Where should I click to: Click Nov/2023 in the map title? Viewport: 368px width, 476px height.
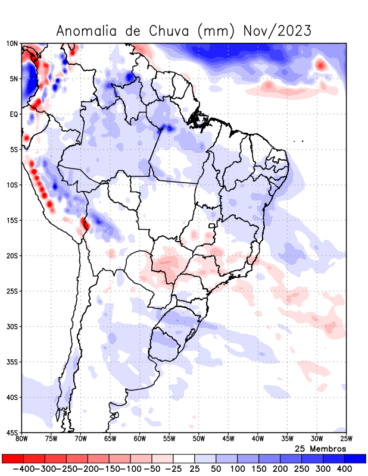click(x=277, y=30)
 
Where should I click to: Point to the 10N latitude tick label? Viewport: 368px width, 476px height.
click(x=12, y=43)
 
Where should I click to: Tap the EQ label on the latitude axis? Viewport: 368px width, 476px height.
click(x=13, y=114)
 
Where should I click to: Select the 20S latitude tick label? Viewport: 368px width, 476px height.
click(x=12, y=256)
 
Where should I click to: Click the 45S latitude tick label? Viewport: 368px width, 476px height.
click(x=12, y=433)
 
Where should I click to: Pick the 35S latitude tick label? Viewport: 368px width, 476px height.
click(x=12, y=362)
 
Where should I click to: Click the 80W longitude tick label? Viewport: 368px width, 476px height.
click(x=22, y=440)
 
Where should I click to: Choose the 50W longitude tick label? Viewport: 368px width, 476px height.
click(x=198, y=440)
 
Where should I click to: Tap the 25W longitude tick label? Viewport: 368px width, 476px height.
click(x=345, y=440)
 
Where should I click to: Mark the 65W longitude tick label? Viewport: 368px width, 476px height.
click(x=110, y=440)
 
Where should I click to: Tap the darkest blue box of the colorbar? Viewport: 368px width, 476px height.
click(x=355, y=458)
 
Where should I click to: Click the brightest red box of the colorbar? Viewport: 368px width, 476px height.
click(x=13, y=458)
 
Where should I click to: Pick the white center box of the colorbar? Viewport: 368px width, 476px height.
click(x=184, y=458)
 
